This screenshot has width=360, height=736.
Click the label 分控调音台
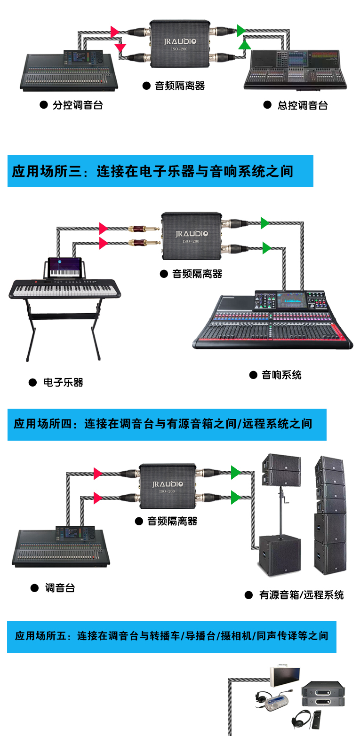coord(77,105)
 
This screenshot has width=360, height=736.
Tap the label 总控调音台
coord(302,105)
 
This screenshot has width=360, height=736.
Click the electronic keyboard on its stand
coord(65,289)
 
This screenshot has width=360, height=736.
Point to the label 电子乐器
coord(63,382)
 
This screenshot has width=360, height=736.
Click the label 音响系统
coord(281,375)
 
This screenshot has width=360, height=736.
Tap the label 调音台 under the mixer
coord(60,588)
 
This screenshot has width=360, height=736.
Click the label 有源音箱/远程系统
coord(301,595)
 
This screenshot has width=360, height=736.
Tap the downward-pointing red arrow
coord(121,47)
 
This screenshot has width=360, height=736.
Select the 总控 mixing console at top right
coord(296,69)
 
